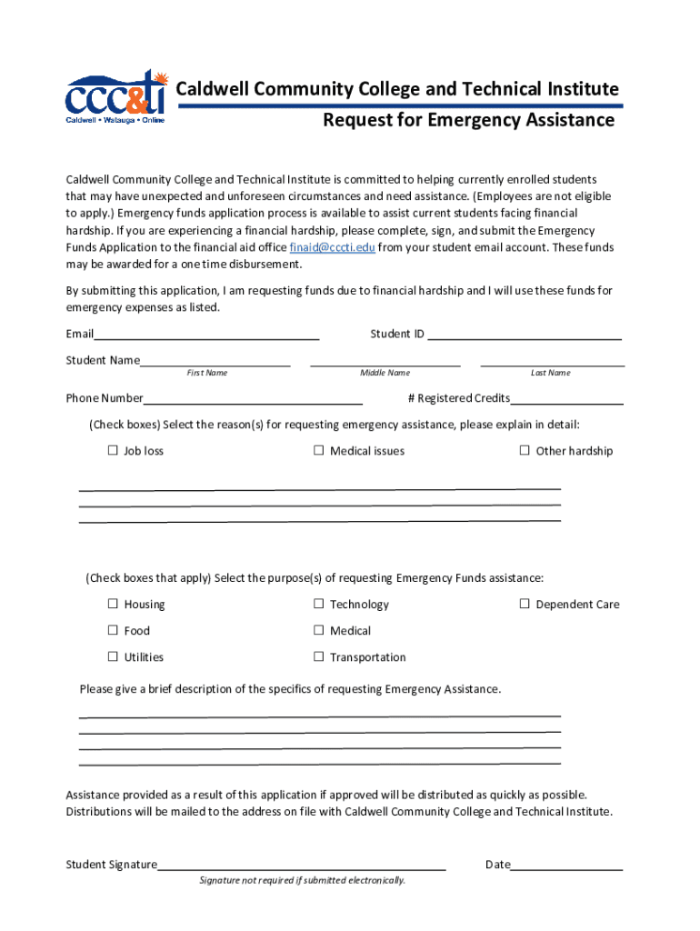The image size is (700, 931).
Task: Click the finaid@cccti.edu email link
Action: pos(332,247)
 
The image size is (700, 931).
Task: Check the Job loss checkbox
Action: pos(114,451)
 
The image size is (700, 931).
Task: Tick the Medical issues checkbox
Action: pos(319,451)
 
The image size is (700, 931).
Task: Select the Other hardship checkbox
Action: pos(525,451)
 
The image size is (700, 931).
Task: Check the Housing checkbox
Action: pos(114,605)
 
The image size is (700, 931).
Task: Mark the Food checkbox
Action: pos(114,631)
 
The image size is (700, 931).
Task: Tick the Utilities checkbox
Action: pos(114,657)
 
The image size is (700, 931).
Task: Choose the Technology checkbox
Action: pos(319,605)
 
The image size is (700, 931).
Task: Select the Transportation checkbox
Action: pos(319,657)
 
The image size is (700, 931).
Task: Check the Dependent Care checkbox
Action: pos(525,605)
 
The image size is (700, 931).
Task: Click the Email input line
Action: pos(206,335)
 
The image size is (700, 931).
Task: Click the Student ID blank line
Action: pos(524,335)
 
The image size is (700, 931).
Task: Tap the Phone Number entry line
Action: pos(253,399)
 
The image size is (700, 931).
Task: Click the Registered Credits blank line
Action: pos(566,399)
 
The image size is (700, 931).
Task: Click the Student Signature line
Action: pos(301,866)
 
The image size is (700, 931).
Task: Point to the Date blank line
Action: pos(566,866)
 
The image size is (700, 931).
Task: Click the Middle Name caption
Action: pos(385,373)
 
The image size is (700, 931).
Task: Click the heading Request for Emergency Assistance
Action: pos(469,121)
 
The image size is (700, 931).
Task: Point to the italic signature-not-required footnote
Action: pos(303,880)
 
